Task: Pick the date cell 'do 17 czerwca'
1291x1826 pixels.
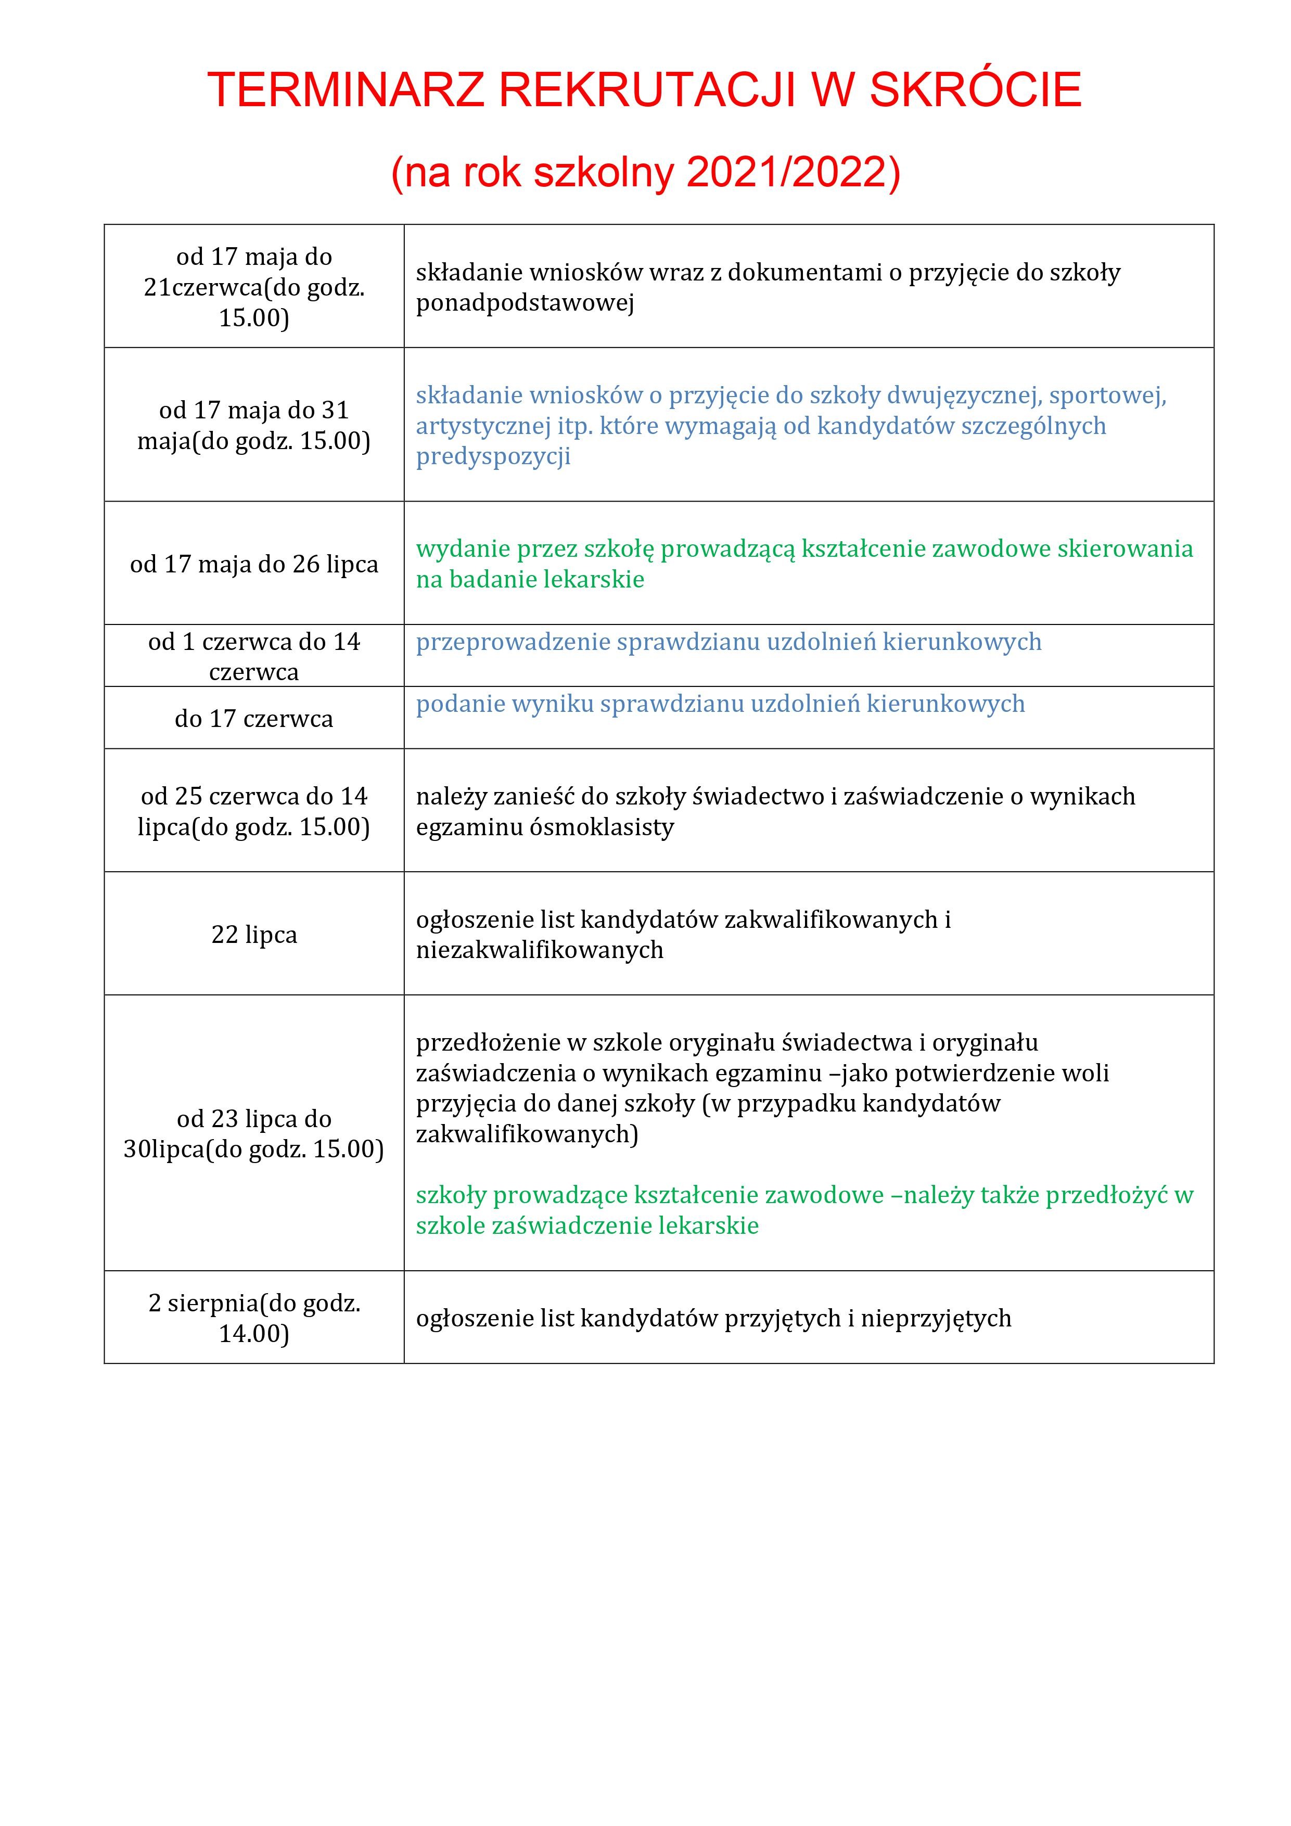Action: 254,718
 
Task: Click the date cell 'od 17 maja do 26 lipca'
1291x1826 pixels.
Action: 254,564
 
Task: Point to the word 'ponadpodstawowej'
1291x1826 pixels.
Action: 525,303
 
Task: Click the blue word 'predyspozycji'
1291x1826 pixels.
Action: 493,456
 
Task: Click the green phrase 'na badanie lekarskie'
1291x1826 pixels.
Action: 530,580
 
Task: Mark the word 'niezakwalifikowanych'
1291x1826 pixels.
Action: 539,950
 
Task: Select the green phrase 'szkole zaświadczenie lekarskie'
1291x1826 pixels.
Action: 587,1225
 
